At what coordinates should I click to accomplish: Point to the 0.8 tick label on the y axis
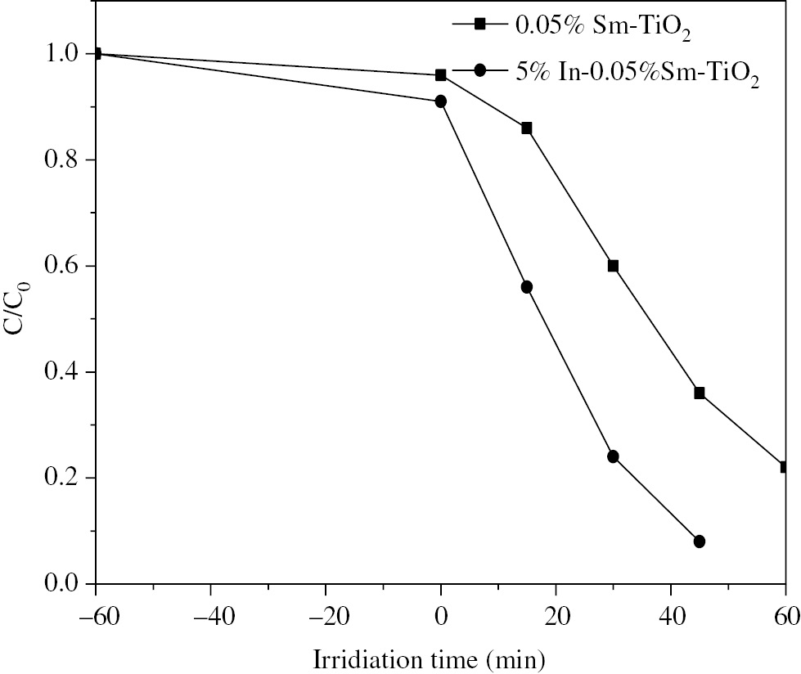(x=64, y=160)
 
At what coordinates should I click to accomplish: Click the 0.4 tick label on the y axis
(x=64, y=372)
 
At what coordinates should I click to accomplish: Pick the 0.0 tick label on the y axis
(x=64, y=584)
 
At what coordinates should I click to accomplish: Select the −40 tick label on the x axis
(x=210, y=613)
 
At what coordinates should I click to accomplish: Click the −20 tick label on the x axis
(x=325, y=613)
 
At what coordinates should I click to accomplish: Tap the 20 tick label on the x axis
(x=556, y=613)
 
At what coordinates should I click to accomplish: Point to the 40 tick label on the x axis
(x=671, y=613)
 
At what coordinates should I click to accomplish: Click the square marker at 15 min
(x=527, y=128)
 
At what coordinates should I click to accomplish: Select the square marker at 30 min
(x=613, y=266)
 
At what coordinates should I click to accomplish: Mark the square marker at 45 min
(x=700, y=393)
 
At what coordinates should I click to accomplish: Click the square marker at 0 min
(x=441, y=75)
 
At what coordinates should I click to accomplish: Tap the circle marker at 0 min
(x=441, y=101)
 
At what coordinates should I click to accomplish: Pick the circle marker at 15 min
(x=527, y=287)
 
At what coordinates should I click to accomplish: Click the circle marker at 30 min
(x=613, y=456)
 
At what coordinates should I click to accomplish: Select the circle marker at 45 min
(x=700, y=541)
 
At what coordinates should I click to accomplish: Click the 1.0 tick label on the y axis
(x=64, y=54)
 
